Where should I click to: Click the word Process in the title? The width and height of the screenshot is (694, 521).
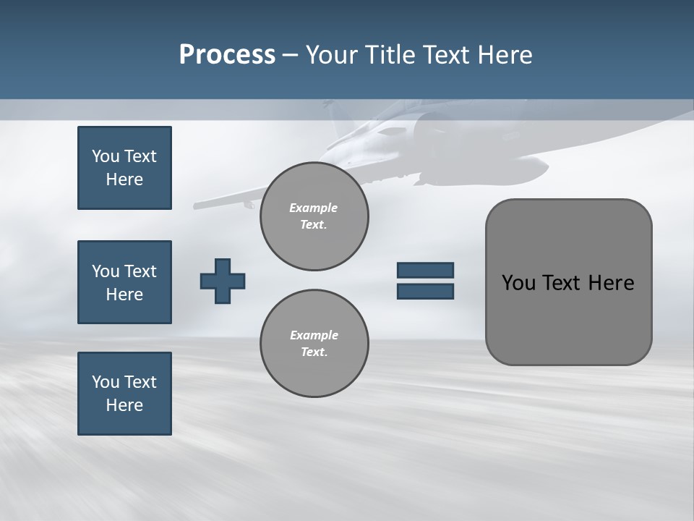(227, 55)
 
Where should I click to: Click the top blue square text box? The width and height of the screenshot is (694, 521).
(124, 168)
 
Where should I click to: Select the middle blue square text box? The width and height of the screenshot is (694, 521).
(124, 282)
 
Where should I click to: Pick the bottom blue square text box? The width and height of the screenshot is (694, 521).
(124, 394)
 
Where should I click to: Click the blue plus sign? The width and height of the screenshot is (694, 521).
(223, 281)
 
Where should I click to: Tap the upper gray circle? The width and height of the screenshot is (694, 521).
(314, 216)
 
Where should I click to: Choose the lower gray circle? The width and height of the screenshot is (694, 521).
(314, 344)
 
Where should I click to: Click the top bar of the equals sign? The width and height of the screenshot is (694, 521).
(425, 270)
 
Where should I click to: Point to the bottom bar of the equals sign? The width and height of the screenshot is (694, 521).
(425, 291)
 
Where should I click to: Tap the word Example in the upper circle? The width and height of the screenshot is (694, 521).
(314, 208)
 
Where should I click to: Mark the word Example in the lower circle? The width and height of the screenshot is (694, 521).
(314, 335)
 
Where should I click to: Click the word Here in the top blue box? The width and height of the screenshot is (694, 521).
(124, 179)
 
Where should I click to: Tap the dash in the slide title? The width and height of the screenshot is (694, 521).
(290, 55)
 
